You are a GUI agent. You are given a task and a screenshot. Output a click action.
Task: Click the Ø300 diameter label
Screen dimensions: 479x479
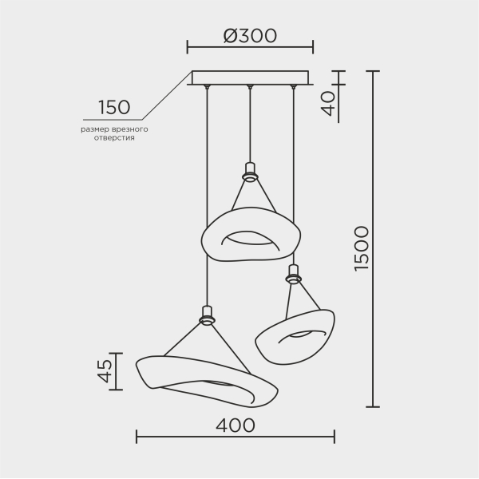click(250, 35)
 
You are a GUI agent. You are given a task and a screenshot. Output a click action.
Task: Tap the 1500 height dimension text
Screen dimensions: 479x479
click(362, 248)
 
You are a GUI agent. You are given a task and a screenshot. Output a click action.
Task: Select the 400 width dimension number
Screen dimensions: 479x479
click(236, 425)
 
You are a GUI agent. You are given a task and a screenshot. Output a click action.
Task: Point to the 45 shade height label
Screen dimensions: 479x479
click(105, 371)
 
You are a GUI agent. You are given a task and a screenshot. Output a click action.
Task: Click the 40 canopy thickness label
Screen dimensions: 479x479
click(329, 104)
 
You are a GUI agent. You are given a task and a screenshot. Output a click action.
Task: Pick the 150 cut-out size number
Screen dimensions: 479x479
click(114, 107)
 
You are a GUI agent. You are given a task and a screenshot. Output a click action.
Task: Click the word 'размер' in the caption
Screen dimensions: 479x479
click(93, 129)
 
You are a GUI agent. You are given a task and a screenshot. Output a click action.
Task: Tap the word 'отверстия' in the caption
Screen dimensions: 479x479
click(114, 138)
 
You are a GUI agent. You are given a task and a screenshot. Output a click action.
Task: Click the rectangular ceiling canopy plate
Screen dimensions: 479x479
click(250, 78)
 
